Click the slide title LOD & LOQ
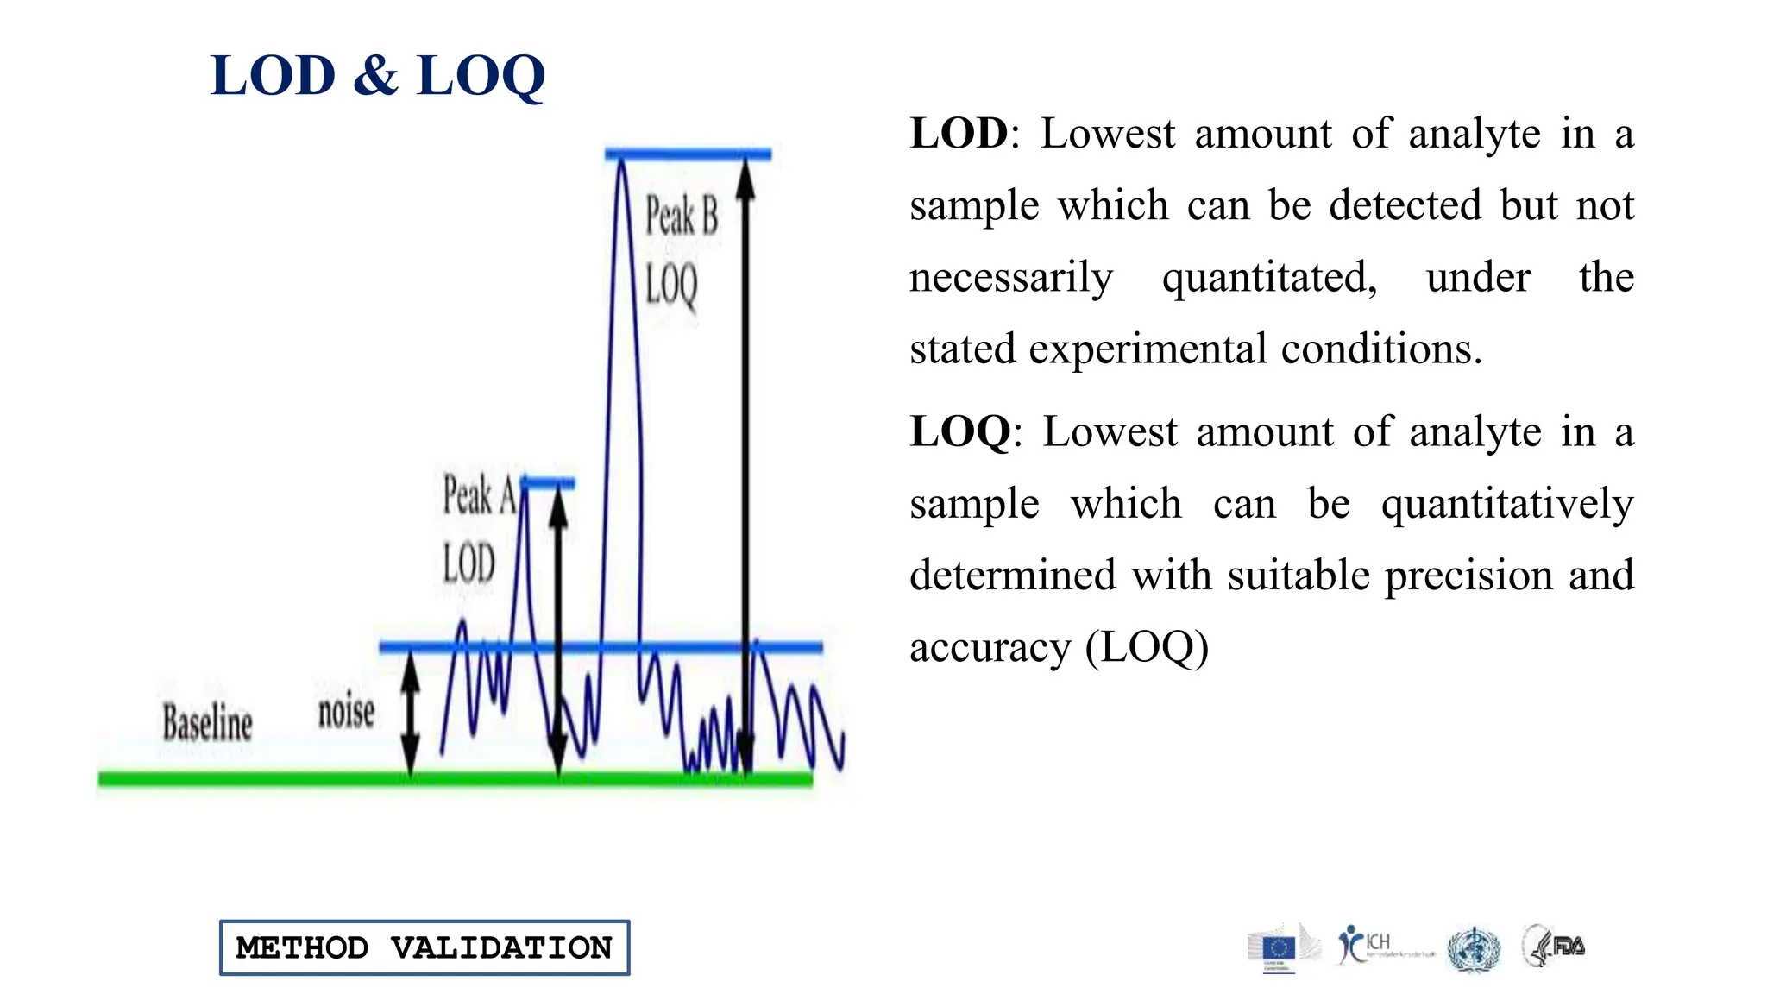377,76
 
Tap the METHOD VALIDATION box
424,947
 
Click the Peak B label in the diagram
682,216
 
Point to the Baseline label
207,723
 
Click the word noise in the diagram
346,713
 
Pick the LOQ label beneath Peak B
671,286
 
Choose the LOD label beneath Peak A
468,564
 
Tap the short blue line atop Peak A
549,483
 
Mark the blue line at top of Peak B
688,154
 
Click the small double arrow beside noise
411,713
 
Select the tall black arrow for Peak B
746,466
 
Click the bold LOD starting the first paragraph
959,134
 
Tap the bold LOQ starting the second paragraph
960,431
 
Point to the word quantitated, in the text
1269,278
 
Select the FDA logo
1555,946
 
